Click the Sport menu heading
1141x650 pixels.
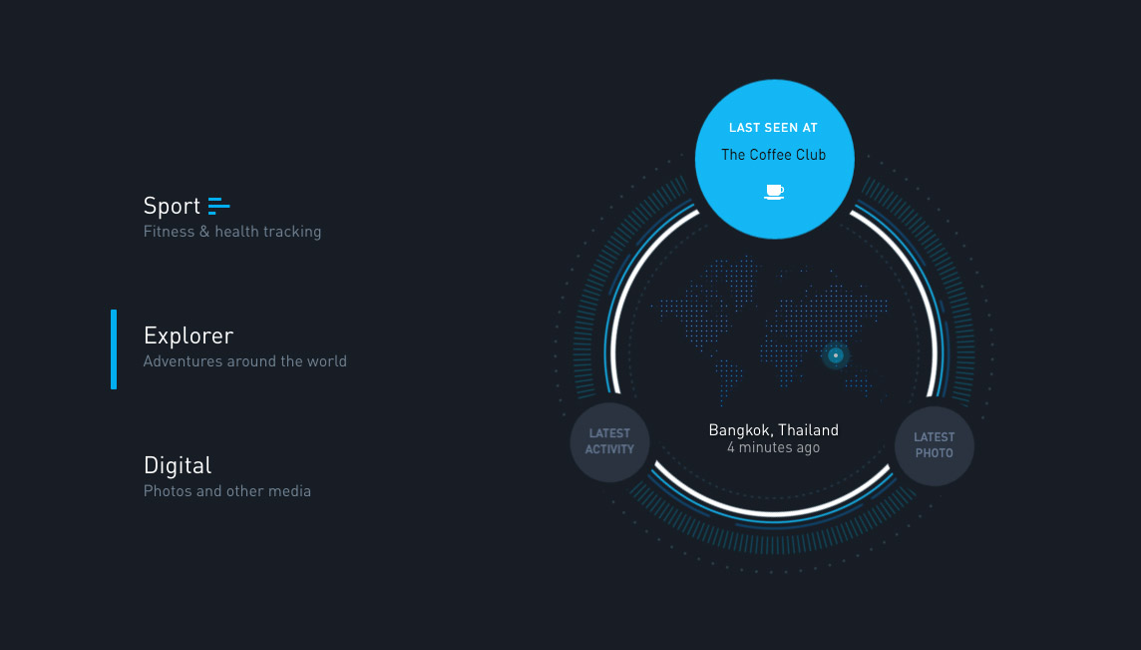(x=172, y=207)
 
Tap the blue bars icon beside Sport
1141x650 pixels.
(x=219, y=207)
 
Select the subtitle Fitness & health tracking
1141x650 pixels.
(x=232, y=232)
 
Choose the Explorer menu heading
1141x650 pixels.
(x=189, y=335)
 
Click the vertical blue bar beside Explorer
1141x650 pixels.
(x=114, y=349)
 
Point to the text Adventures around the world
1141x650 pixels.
(x=245, y=361)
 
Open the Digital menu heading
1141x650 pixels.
(x=178, y=465)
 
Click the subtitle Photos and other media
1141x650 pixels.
(x=227, y=491)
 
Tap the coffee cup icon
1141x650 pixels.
(x=774, y=192)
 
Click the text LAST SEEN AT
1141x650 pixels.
(x=774, y=128)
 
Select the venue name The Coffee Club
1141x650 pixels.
(x=774, y=155)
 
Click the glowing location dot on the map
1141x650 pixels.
(x=836, y=355)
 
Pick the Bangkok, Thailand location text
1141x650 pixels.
(x=774, y=430)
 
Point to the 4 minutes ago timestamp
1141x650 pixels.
(x=774, y=447)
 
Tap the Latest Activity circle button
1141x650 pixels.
(x=609, y=442)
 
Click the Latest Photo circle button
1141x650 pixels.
(x=935, y=446)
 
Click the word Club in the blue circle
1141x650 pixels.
(x=810, y=155)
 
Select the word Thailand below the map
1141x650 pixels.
(x=809, y=430)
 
